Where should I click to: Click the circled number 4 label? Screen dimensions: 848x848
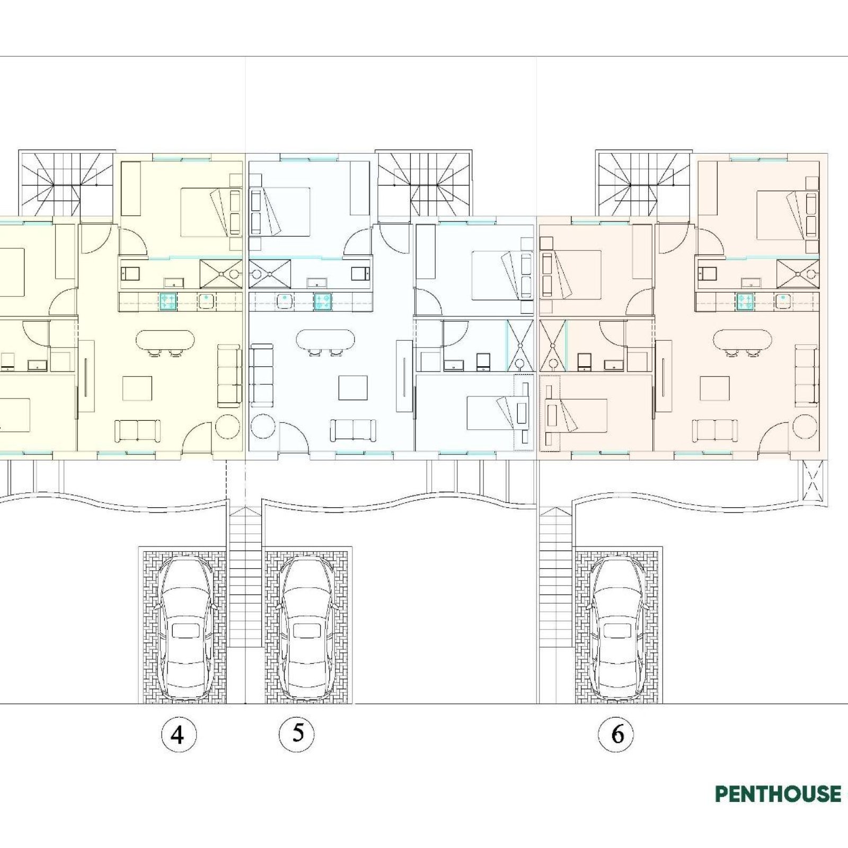pos(179,735)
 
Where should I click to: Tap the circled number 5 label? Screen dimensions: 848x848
pos(297,734)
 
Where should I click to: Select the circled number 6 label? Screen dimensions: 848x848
pos(616,735)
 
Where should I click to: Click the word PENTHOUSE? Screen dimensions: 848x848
pos(778,794)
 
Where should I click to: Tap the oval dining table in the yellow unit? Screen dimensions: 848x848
pos(165,340)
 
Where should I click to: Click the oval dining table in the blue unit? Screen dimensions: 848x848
pos(325,340)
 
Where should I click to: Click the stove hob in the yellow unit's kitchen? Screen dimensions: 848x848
pos(169,302)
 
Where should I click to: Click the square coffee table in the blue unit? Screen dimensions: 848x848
pos(353,388)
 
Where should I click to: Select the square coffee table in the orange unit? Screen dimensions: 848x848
pos(714,388)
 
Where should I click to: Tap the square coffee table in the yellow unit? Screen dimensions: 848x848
pos(137,388)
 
